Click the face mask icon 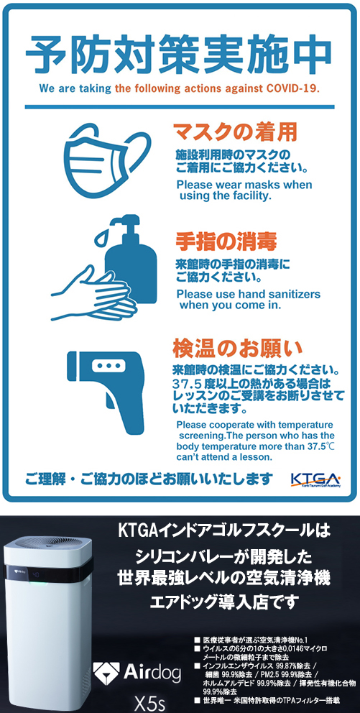point(108,160)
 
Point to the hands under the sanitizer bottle point(93,295)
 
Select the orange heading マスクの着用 point(236,132)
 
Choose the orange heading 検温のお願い point(238,349)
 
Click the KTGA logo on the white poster point(315,479)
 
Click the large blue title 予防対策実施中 point(179,52)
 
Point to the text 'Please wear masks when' point(244,185)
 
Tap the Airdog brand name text point(152,671)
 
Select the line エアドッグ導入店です point(224,602)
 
